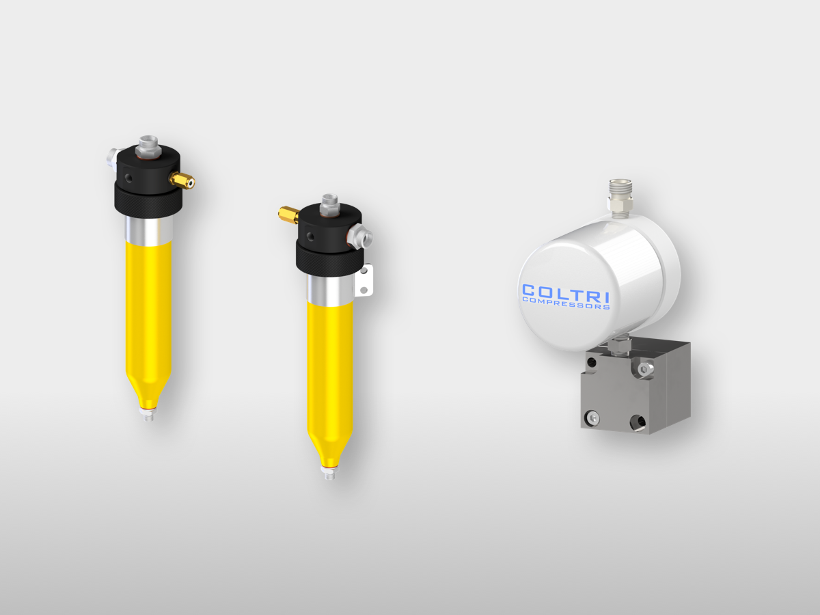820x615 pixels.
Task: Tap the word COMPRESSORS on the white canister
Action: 566,304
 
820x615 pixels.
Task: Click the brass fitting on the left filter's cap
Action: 182,180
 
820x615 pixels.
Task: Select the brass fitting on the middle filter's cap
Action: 288,215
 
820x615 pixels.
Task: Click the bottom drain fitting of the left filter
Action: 148,414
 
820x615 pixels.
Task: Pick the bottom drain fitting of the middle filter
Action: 329,472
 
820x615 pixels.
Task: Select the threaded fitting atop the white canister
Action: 620,198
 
